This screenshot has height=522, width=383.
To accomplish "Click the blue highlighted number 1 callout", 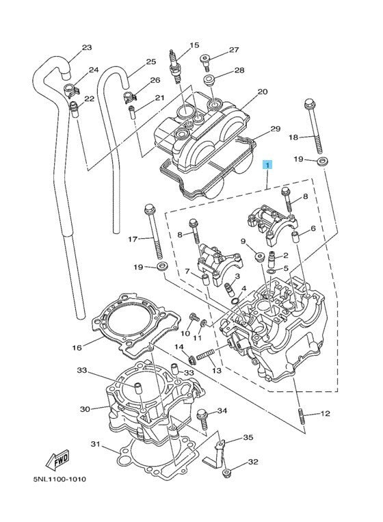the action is pos(267,165).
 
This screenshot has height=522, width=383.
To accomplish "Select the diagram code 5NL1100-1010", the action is pos(60,480).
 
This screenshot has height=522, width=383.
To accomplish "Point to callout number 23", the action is pos(86,48).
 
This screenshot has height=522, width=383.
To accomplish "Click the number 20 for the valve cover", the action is pos(263,92).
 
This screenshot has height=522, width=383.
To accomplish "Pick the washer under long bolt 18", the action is pos(321,161).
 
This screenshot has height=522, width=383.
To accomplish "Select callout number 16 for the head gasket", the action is pos(77,348).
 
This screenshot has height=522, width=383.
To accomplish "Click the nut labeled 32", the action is pos(227,472).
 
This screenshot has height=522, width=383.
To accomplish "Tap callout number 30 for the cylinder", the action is pos(85,409).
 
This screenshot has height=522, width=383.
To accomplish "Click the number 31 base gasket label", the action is pos(96,444).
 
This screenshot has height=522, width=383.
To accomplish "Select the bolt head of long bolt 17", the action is pos(149,210).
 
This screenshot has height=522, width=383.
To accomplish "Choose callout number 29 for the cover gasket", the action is pos(276,129).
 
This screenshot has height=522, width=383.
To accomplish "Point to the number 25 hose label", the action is pos(151,62).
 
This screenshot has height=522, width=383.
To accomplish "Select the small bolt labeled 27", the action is pos(204,62).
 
